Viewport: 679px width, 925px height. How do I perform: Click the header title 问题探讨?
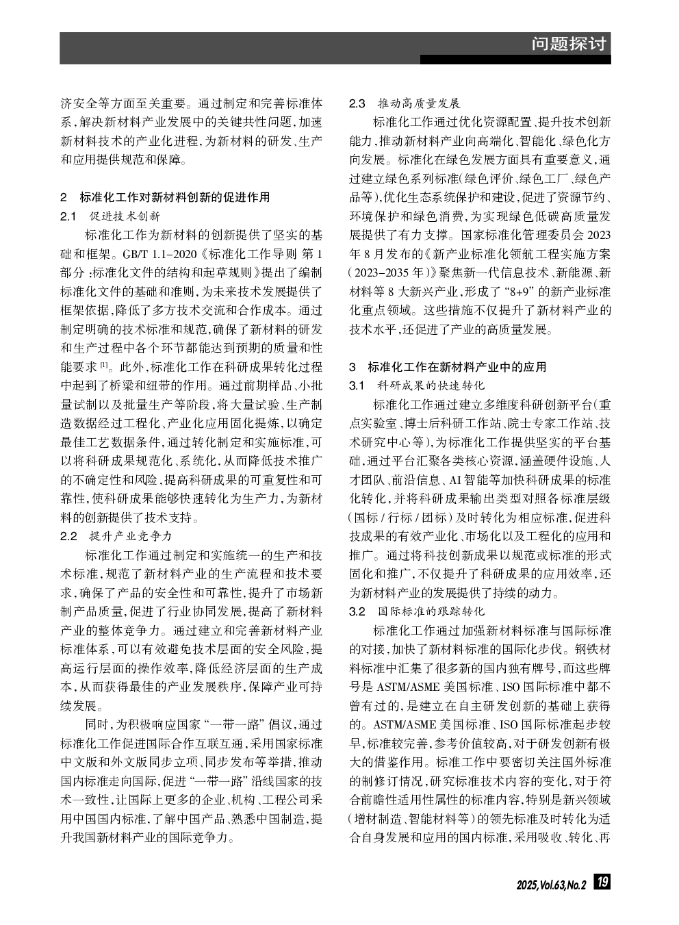(569, 44)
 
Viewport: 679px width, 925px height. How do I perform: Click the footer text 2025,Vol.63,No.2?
(552, 885)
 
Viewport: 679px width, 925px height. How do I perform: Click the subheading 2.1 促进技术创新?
(110, 216)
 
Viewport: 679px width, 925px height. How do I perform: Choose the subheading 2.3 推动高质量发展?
(405, 103)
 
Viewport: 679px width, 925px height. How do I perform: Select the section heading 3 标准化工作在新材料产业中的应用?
(448, 367)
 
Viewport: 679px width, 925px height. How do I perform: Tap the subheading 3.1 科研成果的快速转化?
(417, 385)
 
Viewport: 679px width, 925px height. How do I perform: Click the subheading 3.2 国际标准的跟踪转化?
(417, 611)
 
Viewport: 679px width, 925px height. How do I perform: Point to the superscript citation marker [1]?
(104, 366)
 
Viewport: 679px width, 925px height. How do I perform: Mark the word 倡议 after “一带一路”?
(282, 724)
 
